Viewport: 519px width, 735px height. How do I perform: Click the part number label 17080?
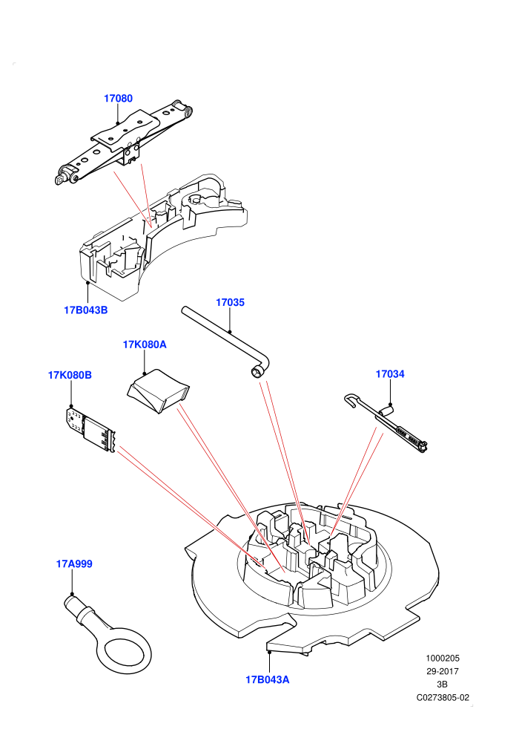pos(118,99)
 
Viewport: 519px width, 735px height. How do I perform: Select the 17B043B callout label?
pos(86,310)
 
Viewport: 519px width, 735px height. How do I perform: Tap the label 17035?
pos(230,302)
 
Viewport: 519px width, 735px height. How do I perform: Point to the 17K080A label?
pos(145,344)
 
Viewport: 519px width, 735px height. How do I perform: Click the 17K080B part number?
pos(70,375)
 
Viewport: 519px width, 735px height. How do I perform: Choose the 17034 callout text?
pos(390,374)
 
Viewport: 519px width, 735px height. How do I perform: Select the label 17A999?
pos(74,564)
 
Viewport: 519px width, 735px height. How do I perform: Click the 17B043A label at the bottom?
pos(267,679)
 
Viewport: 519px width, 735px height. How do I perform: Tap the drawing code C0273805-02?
pos(443,697)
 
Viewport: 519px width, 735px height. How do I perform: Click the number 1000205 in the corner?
pos(442,658)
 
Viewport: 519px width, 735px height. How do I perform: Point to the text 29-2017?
pos(442,671)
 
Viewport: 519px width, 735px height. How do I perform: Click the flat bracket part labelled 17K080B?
pos(90,429)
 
